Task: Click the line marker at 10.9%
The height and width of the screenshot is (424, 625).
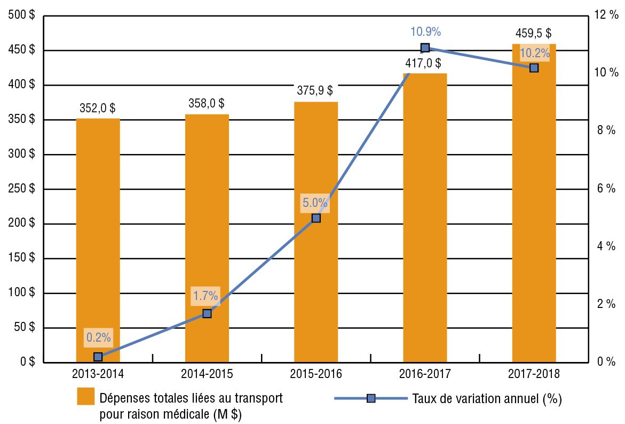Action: [425, 48]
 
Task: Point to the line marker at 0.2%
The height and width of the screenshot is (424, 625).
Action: [98, 357]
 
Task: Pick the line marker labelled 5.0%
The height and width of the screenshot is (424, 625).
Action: [316, 218]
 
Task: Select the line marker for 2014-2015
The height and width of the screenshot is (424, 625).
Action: [207, 314]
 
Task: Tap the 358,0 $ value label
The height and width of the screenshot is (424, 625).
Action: [207, 103]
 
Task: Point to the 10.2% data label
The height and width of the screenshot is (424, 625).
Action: [534, 53]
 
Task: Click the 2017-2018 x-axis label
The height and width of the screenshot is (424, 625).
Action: [534, 374]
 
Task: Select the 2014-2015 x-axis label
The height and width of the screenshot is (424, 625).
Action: [207, 374]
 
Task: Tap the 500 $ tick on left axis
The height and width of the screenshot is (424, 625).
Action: [22, 16]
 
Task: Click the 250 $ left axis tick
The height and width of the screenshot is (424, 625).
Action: [22, 189]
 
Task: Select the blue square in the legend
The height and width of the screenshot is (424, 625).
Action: [371, 398]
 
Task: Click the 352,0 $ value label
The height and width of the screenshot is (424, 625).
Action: [98, 107]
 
